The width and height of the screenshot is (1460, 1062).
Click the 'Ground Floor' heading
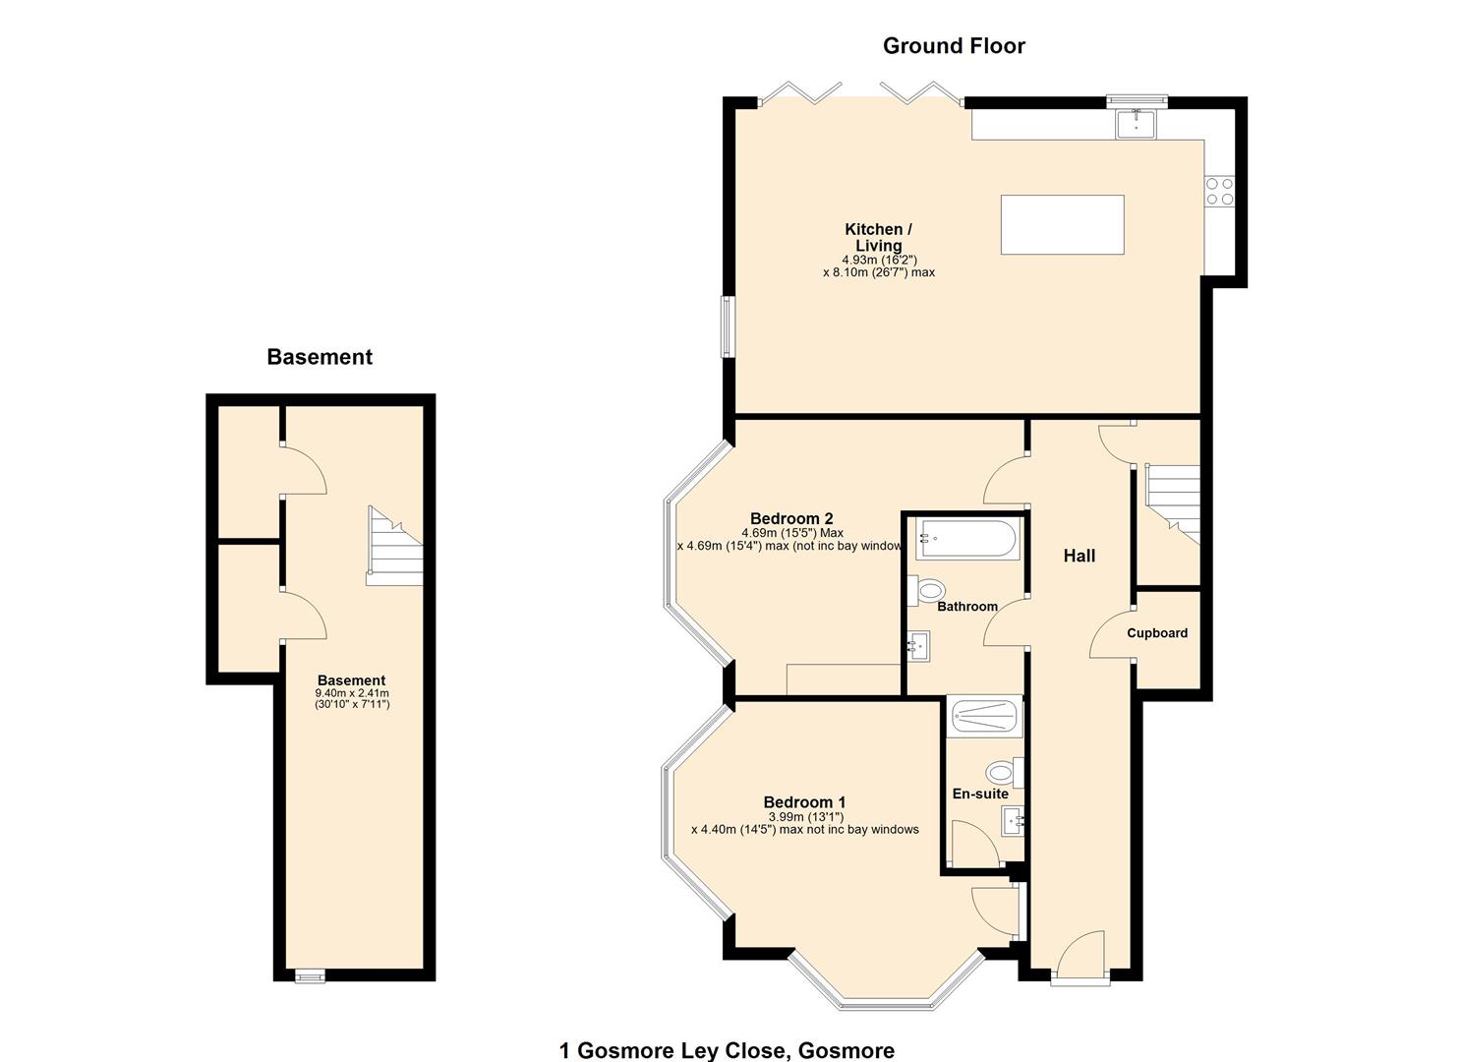(x=953, y=46)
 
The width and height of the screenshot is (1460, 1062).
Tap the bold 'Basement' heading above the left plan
(x=320, y=357)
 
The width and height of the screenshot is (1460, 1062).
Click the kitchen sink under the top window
(x=1137, y=124)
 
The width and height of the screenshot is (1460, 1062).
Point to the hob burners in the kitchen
(x=1220, y=191)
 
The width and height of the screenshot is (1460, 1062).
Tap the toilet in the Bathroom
(x=928, y=590)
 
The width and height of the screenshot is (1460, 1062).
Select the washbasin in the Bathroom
(x=918, y=646)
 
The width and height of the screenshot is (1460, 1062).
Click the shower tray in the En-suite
(x=984, y=717)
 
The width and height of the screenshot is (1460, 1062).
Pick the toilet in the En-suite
(x=1004, y=772)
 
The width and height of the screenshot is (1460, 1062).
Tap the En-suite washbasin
(x=1013, y=820)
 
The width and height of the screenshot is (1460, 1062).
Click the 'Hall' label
(x=1079, y=556)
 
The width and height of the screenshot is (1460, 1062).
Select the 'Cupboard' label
(x=1156, y=633)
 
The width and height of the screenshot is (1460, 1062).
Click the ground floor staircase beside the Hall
(x=1175, y=501)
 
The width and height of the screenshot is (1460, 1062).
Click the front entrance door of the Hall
(x=1080, y=959)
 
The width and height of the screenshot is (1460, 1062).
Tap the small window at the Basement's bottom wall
(x=310, y=975)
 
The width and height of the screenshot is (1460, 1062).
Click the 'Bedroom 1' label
(x=804, y=802)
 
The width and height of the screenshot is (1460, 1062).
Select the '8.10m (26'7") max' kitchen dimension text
(x=878, y=272)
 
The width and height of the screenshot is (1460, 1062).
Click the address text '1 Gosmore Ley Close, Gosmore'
(x=727, y=1050)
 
